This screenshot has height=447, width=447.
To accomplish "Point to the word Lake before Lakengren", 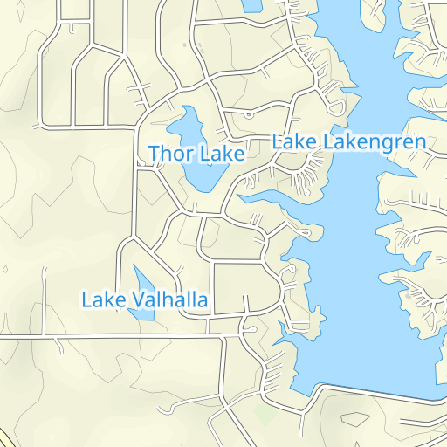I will tap(296, 141).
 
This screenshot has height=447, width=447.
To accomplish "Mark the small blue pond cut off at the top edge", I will tap(251, 4).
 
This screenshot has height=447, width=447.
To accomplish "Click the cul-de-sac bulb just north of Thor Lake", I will tap(250, 115).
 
